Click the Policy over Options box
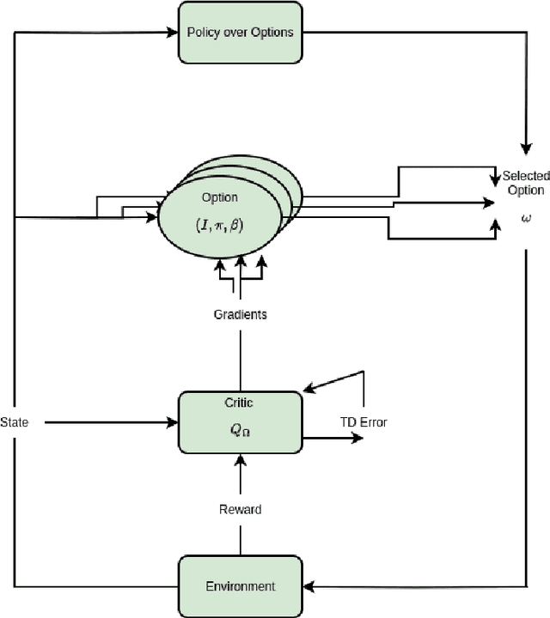240,33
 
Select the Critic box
240,421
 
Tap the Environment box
240,586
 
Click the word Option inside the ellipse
219,197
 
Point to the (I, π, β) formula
219,224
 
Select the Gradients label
240,314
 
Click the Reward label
240,509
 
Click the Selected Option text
525,183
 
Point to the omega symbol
525,218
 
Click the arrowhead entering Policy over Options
174,33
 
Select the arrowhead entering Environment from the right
309,587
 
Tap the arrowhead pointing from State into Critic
174,421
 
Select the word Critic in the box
240,403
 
